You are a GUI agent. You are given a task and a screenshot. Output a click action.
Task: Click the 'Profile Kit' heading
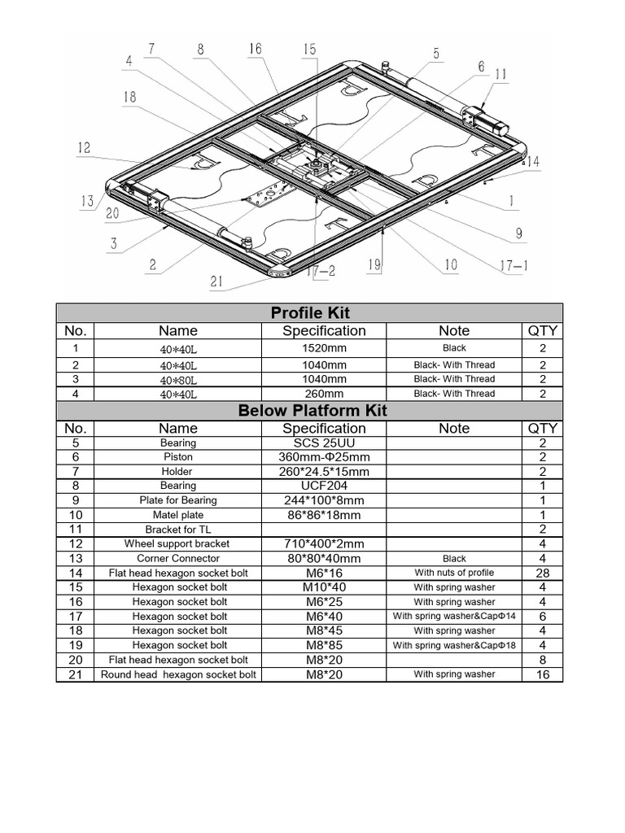pyautogui.click(x=309, y=313)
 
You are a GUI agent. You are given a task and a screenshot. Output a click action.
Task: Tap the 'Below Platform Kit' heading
pyautogui.click(x=312, y=411)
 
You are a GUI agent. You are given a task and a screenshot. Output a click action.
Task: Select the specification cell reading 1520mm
pyautogui.click(x=324, y=348)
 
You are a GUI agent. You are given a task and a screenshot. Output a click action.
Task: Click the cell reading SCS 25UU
pyautogui.click(x=324, y=443)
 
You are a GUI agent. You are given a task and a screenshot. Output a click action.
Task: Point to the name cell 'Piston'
pyautogui.click(x=178, y=458)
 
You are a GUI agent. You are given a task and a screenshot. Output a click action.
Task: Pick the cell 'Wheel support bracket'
pyautogui.click(x=177, y=543)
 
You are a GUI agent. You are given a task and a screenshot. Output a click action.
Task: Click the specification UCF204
pyautogui.click(x=324, y=486)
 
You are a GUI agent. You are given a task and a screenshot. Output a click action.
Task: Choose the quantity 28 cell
pyautogui.click(x=543, y=573)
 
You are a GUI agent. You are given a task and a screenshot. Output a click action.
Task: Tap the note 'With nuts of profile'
pyautogui.click(x=454, y=573)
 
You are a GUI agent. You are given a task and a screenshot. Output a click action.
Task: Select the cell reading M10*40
pyautogui.click(x=324, y=587)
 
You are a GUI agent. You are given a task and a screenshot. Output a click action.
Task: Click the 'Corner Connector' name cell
pyautogui.click(x=177, y=559)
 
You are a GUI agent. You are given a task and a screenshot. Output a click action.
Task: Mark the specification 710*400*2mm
pyautogui.click(x=324, y=543)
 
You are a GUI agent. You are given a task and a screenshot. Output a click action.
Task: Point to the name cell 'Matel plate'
pyautogui.click(x=178, y=515)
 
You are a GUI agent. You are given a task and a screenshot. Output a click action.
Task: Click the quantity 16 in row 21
pyautogui.click(x=543, y=674)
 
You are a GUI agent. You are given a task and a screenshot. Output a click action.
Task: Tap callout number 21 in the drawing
pyautogui.click(x=216, y=282)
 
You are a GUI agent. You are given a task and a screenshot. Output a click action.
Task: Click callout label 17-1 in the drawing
pyautogui.click(x=514, y=264)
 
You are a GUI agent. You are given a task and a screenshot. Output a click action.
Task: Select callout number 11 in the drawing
pyautogui.click(x=500, y=74)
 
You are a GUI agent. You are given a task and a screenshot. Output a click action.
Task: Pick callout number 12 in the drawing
pyautogui.click(x=85, y=148)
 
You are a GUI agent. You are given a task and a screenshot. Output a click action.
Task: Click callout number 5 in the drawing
pyautogui.click(x=436, y=54)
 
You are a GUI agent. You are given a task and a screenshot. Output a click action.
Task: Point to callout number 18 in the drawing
pyautogui.click(x=131, y=96)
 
